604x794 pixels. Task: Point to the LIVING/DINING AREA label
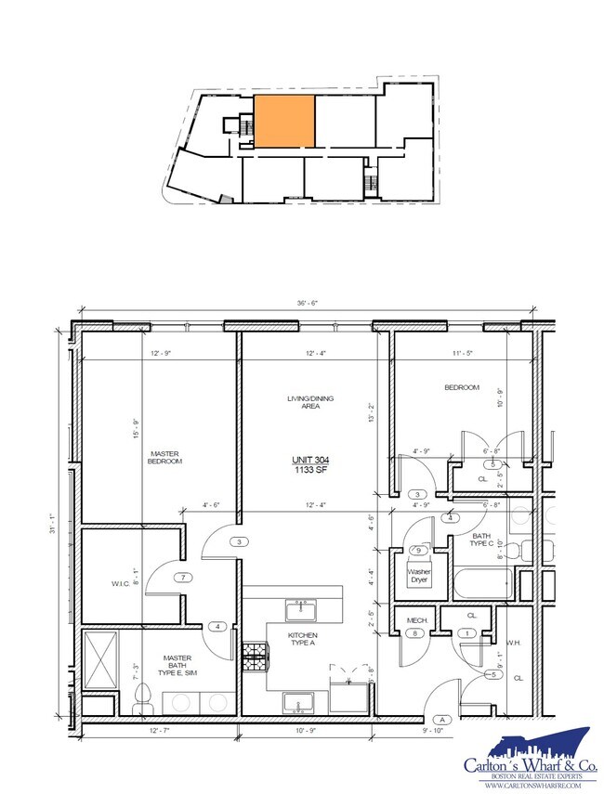point(309,402)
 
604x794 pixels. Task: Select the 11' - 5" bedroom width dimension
point(461,354)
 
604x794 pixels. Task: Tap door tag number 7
point(184,578)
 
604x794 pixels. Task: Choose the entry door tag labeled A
point(441,718)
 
